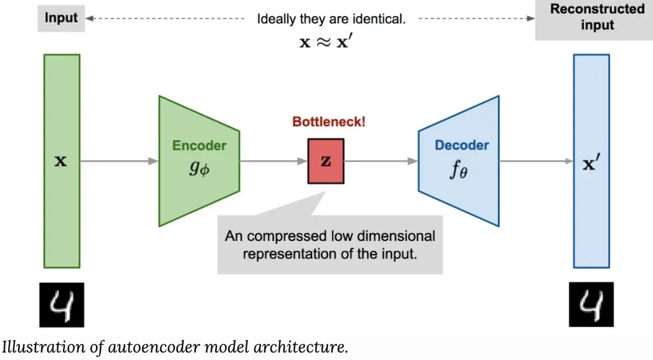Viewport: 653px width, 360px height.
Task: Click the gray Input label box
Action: click(61, 17)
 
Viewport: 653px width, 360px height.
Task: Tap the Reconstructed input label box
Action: click(597, 17)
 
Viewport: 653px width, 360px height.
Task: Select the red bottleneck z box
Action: click(325, 161)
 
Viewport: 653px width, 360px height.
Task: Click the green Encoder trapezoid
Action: click(199, 160)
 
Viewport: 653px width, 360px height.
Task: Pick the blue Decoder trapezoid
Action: click(460, 160)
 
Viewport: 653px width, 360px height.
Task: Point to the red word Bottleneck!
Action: click(329, 121)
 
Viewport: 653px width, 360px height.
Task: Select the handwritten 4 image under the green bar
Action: click(62, 305)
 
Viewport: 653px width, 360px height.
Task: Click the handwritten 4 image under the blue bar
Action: click(591, 305)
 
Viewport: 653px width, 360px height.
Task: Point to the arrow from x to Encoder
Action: click(119, 161)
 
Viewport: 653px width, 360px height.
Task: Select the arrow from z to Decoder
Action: click(380, 161)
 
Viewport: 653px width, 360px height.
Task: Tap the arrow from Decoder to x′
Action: click(536, 161)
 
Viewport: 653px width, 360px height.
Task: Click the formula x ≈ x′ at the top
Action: click(330, 42)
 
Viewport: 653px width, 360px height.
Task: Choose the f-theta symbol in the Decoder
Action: click(458, 170)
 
